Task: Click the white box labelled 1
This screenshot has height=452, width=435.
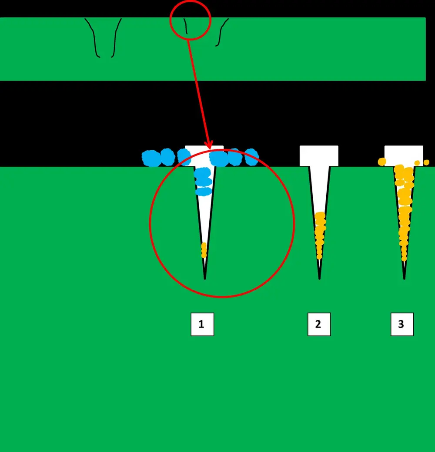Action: [202, 324]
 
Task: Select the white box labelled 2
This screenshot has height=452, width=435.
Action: [319, 324]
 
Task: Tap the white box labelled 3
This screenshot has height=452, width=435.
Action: [402, 324]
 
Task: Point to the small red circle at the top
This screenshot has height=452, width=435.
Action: [190, 20]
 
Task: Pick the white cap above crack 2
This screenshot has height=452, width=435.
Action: [319, 155]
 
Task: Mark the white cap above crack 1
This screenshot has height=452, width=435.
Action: [204, 150]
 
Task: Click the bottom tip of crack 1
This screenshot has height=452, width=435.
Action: [205, 278]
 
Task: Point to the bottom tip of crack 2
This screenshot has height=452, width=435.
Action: [319, 278]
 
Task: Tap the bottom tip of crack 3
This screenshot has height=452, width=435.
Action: [404, 278]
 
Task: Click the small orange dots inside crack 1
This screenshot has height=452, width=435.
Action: [204, 250]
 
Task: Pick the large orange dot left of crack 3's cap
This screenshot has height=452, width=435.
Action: [382, 162]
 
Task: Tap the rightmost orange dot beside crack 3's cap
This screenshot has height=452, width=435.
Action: [426, 162]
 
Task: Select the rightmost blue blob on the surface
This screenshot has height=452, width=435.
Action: [251, 157]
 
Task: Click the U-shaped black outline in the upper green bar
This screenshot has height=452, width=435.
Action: [104, 39]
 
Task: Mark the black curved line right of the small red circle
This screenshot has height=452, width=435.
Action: [221, 33]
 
